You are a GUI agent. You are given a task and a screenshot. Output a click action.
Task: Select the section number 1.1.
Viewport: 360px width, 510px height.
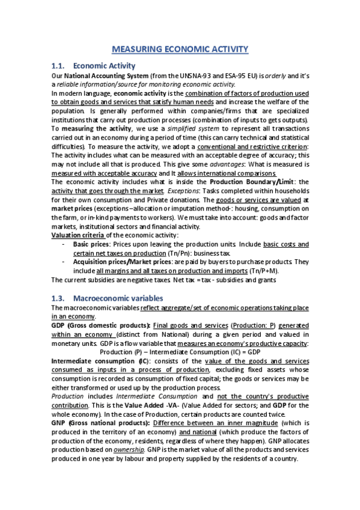pyautogui.click(x=59, y=66)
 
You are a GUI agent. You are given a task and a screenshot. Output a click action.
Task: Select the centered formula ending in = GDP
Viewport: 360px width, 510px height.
pyautogui.click(x=180, y=351)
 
